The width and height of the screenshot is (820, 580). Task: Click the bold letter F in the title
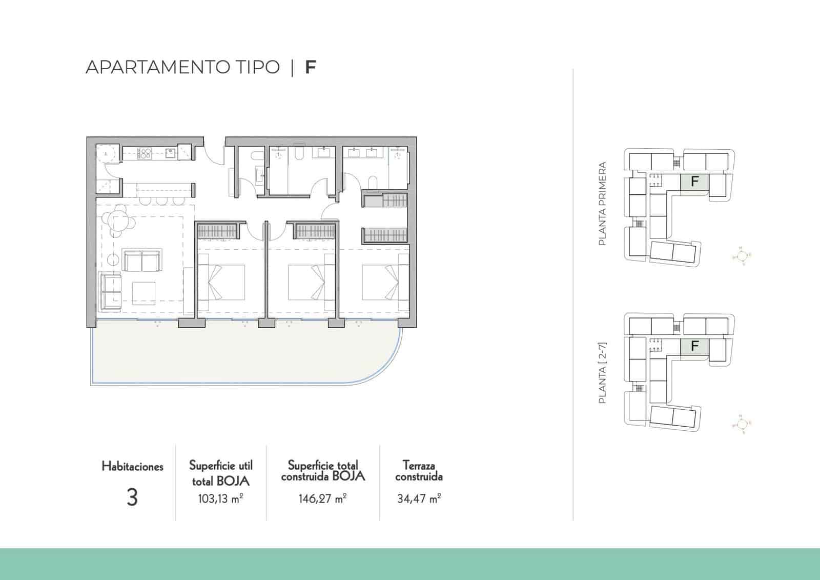pos(310,67)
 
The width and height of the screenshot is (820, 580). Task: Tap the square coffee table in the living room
pos(143,293)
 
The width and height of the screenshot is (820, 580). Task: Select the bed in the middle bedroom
pos(310,282)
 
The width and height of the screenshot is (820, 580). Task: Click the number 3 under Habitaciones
pos(132,497)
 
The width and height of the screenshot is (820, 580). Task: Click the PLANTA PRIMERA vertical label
pos(603,204)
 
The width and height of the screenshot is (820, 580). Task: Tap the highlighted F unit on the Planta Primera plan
pos(694,182)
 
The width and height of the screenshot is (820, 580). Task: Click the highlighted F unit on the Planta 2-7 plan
pos(694,346)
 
